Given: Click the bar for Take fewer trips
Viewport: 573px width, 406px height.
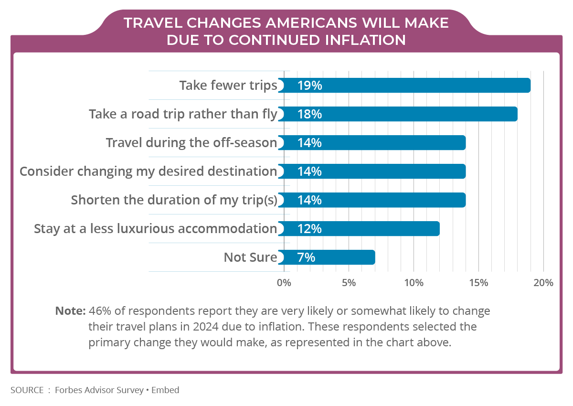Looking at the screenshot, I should pos(406,85).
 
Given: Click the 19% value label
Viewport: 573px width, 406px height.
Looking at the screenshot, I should pos(309,85).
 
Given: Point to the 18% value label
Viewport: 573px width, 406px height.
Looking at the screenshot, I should pos(309,114).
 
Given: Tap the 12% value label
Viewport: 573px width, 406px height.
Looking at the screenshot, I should pos(309,229).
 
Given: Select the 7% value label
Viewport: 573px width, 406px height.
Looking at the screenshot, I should pos(306,257).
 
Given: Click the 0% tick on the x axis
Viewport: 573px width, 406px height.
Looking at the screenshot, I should pos(284,282).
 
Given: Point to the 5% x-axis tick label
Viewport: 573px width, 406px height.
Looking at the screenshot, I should pos(349,282).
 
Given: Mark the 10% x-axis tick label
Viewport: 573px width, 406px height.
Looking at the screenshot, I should pos(414,282).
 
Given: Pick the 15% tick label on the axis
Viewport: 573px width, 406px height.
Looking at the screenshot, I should pos(478,282).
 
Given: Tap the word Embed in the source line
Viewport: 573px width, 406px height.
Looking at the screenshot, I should pos(166,390).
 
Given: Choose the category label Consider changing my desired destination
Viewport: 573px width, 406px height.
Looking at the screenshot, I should pos(148,171).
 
